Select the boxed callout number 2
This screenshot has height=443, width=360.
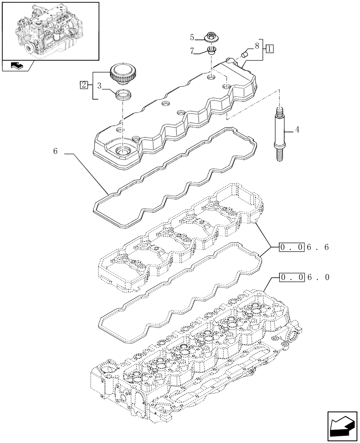click(83, 84)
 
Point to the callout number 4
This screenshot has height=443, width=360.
click(297, 130)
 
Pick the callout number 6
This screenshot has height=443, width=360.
click(55, 152)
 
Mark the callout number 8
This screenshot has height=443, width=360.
click(256, 45)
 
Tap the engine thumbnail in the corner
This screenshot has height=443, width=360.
click(50, 30)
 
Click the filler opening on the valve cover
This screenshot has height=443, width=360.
click(121, 152)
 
